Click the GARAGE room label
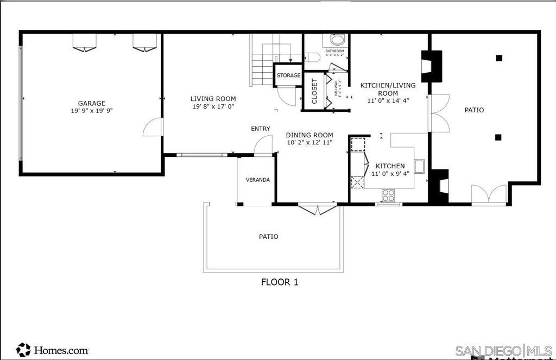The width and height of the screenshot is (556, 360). pos(91,103)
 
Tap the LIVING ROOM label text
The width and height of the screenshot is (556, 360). pos(213,99)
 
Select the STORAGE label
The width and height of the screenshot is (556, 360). pos(288,75)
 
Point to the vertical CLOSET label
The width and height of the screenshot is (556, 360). pos(314,91)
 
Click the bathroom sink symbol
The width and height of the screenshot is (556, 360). pos(337,41)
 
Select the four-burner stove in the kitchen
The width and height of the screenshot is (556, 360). pos(388,194)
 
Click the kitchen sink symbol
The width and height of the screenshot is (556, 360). pos(419,165)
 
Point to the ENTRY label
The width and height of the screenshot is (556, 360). pos(261,129)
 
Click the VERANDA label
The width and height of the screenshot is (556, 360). pos(257,180)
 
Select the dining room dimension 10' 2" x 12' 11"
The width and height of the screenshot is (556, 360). pos(309,142)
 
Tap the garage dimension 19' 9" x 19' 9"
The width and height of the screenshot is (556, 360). pos(91,110)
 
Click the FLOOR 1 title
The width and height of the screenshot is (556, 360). pos(280,282)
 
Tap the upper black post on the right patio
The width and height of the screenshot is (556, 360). pos(499,58)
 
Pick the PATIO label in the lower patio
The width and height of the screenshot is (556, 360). pos(268,237)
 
